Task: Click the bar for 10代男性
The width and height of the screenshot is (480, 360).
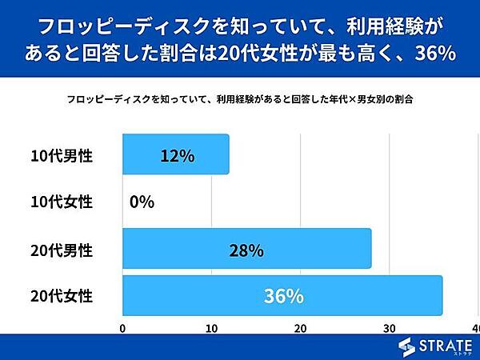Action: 175,154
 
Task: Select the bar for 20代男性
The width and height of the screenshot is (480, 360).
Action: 246,250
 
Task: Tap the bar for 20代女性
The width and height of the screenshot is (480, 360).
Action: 282,296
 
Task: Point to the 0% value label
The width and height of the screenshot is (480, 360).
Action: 142,202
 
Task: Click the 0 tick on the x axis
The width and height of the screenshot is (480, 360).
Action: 122,329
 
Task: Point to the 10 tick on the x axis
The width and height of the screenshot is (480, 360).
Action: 211,329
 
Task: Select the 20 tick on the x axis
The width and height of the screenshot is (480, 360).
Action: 300,329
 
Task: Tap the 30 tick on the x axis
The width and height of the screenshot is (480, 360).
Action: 389,329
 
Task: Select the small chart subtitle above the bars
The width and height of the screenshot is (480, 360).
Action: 240,102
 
